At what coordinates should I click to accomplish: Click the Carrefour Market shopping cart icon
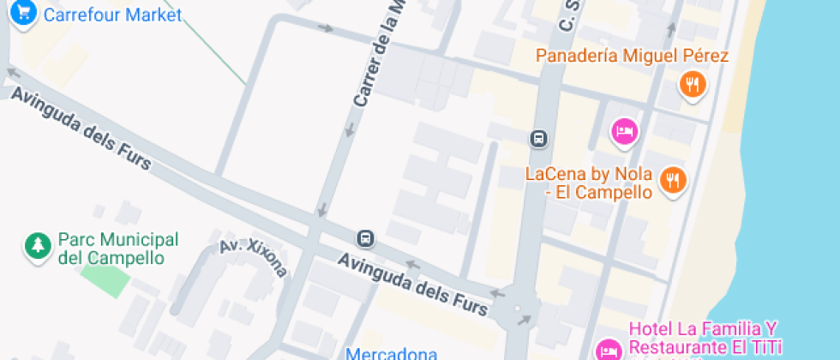(x=24, y=13)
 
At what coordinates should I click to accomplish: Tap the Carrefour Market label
(x=112, y=15)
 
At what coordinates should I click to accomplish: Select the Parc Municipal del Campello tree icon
(x=37, y=246)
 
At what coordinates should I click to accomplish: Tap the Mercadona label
(x=392, y=352)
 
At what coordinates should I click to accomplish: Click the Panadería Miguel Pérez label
(x=632, y=57)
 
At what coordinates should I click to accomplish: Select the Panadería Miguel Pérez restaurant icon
(x=693, y=84)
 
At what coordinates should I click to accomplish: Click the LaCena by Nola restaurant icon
(x=674, y=180)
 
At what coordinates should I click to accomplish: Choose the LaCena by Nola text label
(x=588, y=183)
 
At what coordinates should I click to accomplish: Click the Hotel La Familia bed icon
(x=608, y=349)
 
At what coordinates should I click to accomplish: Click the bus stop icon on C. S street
(x=538, y=138)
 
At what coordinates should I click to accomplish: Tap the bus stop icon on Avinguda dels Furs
(x=366, y=237)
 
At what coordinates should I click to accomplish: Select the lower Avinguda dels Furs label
(x=413, y=283)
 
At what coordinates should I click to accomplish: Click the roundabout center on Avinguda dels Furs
(x=517, y=309)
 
